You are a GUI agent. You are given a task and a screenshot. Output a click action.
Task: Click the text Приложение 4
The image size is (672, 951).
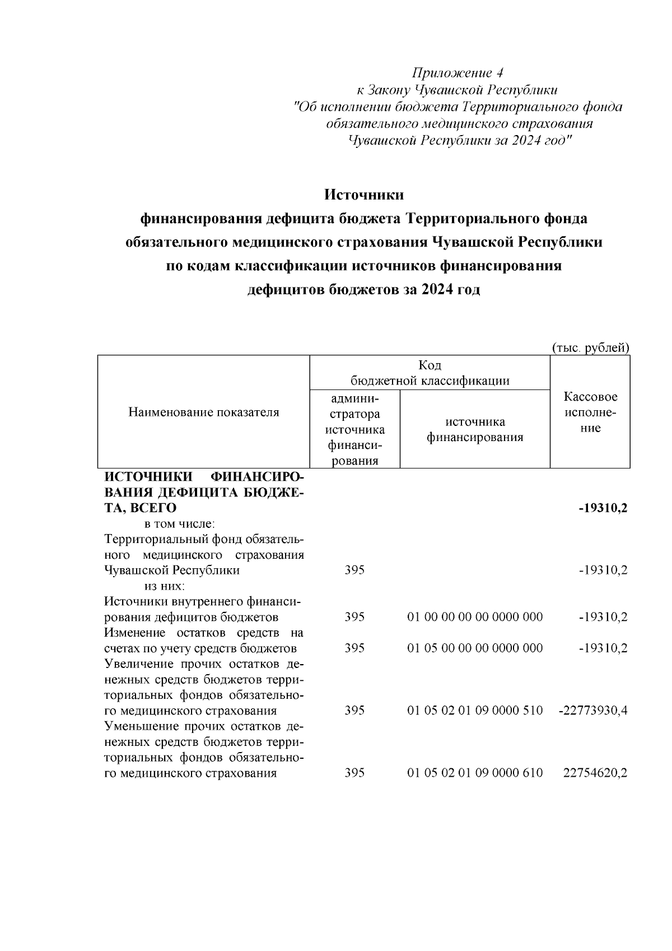[458, 73]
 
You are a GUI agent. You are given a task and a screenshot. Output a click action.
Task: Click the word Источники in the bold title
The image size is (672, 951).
[364, 195]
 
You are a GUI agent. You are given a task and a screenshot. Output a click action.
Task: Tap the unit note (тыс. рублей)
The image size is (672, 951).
[591, 348]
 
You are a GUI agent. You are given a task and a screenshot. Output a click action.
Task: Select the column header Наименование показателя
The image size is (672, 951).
[204, 413]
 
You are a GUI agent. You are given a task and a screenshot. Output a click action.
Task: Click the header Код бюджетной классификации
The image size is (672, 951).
[430, 373]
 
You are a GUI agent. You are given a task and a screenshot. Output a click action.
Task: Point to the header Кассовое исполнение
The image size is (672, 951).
[590, 413]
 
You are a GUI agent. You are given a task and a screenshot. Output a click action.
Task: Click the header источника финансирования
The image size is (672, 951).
[475, 430]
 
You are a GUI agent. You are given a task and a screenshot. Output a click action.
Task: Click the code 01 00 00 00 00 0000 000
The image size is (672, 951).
[475, 617]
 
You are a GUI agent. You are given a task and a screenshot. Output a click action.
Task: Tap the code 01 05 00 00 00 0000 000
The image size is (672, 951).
[475, 648]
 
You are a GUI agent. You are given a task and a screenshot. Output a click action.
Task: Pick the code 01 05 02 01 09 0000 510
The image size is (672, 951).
[475, 711]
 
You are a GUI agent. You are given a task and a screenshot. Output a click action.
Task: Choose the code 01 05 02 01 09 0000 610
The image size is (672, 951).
[475, 773]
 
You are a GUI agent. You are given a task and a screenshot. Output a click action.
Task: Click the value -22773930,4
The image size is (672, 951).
[593, 711]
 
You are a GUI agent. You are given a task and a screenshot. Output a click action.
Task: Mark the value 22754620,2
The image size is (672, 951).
[595, 773]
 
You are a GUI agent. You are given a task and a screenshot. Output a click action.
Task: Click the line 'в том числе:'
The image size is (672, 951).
[180, 524]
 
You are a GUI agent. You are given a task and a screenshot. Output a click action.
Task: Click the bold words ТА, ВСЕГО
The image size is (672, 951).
[141, 508]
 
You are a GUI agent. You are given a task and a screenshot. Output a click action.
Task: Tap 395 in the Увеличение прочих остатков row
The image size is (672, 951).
[354, 711]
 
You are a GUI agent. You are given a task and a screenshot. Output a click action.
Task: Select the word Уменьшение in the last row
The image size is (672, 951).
[138, 727]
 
